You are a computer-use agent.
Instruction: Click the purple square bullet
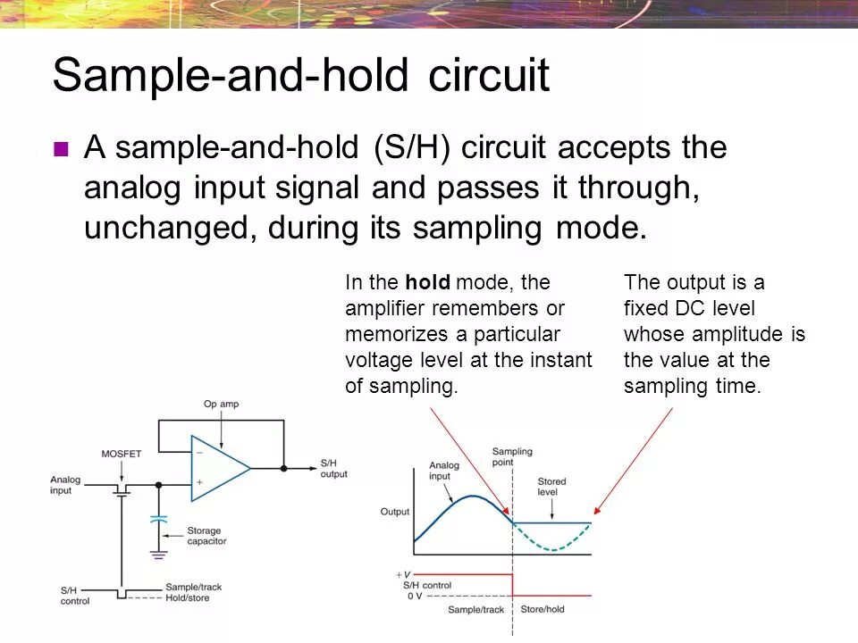coord(62,149)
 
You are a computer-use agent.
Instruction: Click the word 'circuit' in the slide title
coord(489,76)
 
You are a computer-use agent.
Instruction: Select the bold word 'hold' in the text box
coord(427,283)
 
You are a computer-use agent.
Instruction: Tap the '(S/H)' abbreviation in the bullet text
coord(412,148)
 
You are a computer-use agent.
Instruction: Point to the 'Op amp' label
coord(221,405)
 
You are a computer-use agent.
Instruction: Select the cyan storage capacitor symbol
coord(158,518)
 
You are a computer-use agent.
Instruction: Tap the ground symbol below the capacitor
coord(158,555)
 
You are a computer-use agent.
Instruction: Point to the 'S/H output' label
coord(333,468)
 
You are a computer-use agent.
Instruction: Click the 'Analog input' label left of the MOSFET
coord(65,485)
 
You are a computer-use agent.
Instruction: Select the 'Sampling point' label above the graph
coord(511,456)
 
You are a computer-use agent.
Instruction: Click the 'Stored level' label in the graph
coord(551,487)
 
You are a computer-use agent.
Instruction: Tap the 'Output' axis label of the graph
coord(394,512)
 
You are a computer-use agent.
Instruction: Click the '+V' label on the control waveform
coord(403,574)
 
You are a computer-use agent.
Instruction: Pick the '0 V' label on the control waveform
coord(414,596)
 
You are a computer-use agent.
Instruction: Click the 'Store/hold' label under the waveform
coord(543,610)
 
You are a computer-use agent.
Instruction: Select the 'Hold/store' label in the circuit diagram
coord(188,597)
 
